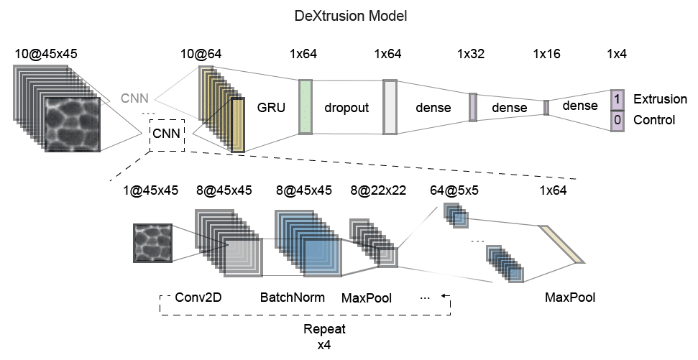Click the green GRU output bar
pyautogui.click(x=305, y=107)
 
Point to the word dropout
pyautogui.click(x=346, y=108)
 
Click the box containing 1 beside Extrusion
pyautogui.click(x=616, y=98)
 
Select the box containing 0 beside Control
pyautogui.click(x=616, y=120)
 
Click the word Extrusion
pyautogui.click(x=655, y=98)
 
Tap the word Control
pyautogui.click(x=653, y=120)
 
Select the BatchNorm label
pyautogui.click(x=293, y=297)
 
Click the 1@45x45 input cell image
pyautogui.click(x=152, y=243)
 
